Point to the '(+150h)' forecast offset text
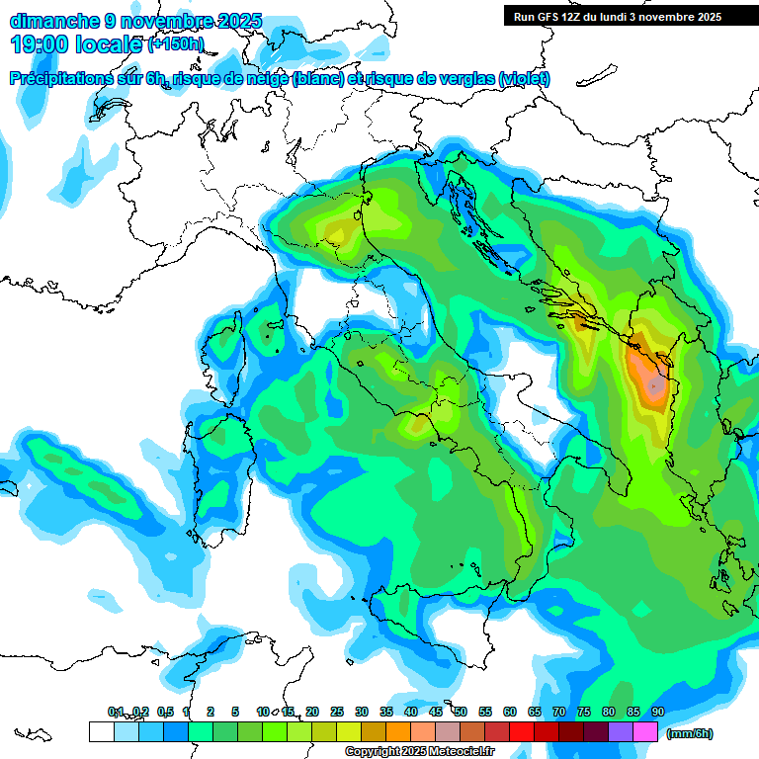point(176,43)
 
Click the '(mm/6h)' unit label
point(690,733)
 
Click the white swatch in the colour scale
point(101,732)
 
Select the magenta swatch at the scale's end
point(645,732)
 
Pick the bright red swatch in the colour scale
point(522,732)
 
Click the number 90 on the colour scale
point(658,712)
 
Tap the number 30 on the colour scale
point(362,712)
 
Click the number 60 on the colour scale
point(510,712)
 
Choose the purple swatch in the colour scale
point(621,732)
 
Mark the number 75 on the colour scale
point(584,712)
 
